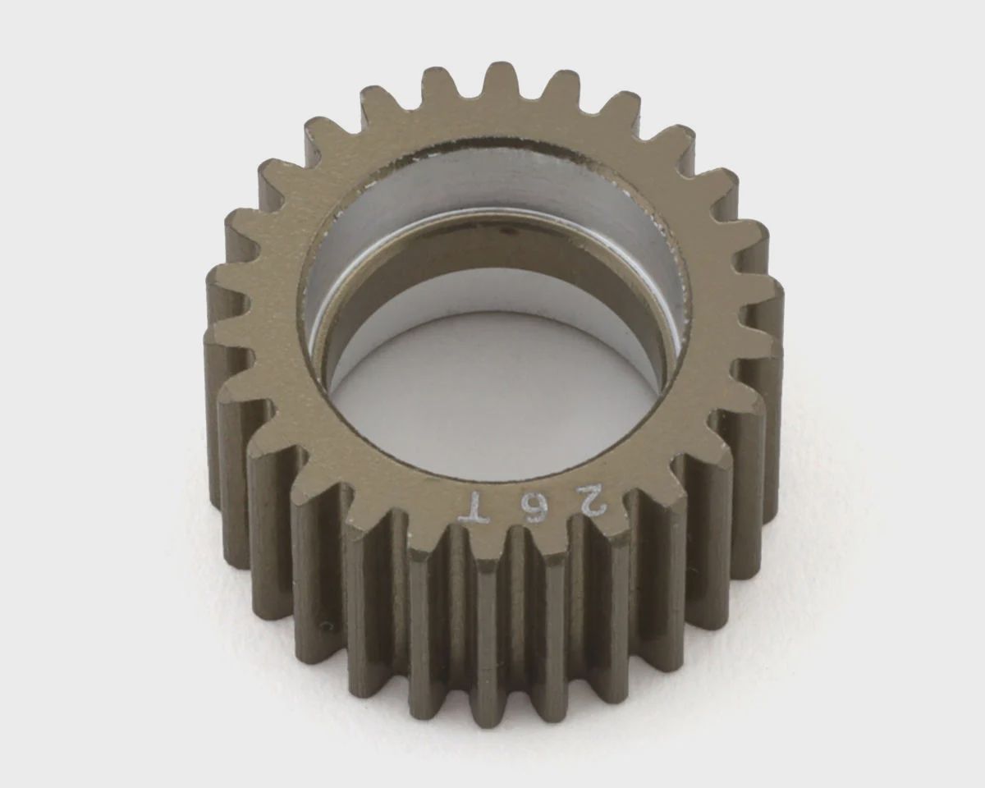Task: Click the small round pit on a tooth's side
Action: click(326, 625)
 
